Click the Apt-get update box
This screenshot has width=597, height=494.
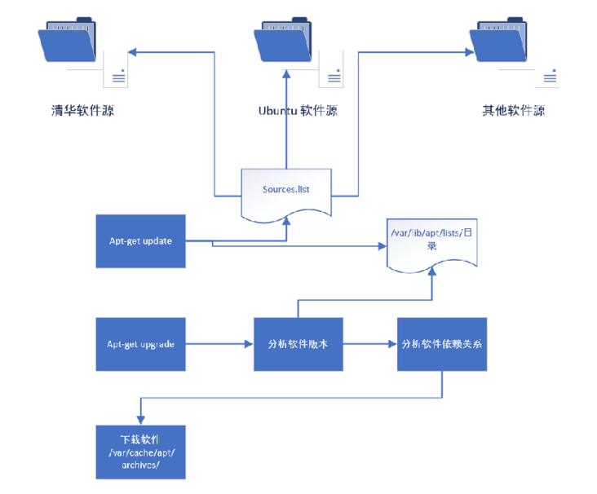pyautogui.click(x=141, y=241)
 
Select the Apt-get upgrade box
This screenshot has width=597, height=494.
pyautogui.click(x=141, y=344)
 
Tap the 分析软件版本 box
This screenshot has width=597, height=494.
pyautogui.click(x=298, y=344)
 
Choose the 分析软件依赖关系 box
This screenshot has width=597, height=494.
pyautogui.click(x=442, y=344)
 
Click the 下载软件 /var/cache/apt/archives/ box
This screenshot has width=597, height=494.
pyautogui.click(x=141, y=452)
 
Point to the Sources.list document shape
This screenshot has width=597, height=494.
pyautogui.click(x=286, y=192)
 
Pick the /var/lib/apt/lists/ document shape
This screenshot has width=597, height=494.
pyautogui.click(x=431, y=241)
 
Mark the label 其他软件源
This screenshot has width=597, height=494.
pyautogui.click(x=513, y=110)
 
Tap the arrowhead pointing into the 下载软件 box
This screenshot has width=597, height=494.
pyautogui.click(x=141, y=421)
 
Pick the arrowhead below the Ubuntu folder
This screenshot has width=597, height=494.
pyautogui.click(x=286, y=74)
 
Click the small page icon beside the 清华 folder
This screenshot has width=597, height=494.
pyautogui.click(x=116, y=68)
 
